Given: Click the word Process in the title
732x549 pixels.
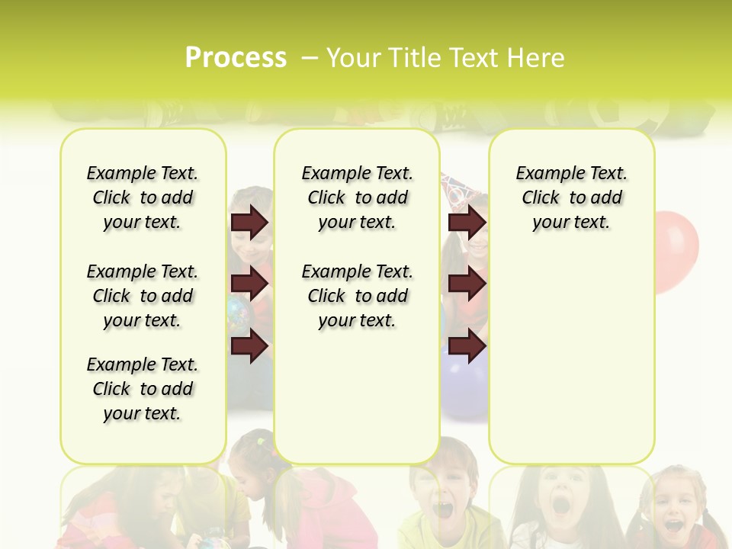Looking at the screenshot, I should click(x=236, y=57).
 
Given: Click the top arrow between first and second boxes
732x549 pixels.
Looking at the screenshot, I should click(x=249, y=222).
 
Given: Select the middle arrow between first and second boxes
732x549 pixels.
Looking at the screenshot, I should click(x=249, y=284).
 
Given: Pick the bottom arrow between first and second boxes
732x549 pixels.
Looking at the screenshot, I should click(x=249, y=346).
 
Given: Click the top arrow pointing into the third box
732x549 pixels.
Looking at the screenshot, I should click(x=467, y=222).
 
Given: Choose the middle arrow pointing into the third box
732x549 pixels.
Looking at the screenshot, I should click(x=467, y=284).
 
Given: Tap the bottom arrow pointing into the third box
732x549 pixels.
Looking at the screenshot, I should click(x=467, y=346).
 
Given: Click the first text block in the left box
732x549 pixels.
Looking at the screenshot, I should click(x=143, y=197).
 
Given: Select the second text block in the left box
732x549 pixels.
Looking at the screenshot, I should click(x=143, y=296).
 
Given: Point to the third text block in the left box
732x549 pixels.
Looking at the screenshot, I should click(x=143, y=389).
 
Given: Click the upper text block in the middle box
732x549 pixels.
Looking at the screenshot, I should click(x=357, y=197).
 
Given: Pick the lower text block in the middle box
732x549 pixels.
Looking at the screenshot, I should click(x=357, y=296).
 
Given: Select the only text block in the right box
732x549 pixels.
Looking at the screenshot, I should click(x=571, y=197).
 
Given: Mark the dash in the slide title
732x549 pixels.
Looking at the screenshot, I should click(x=310, y=58).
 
